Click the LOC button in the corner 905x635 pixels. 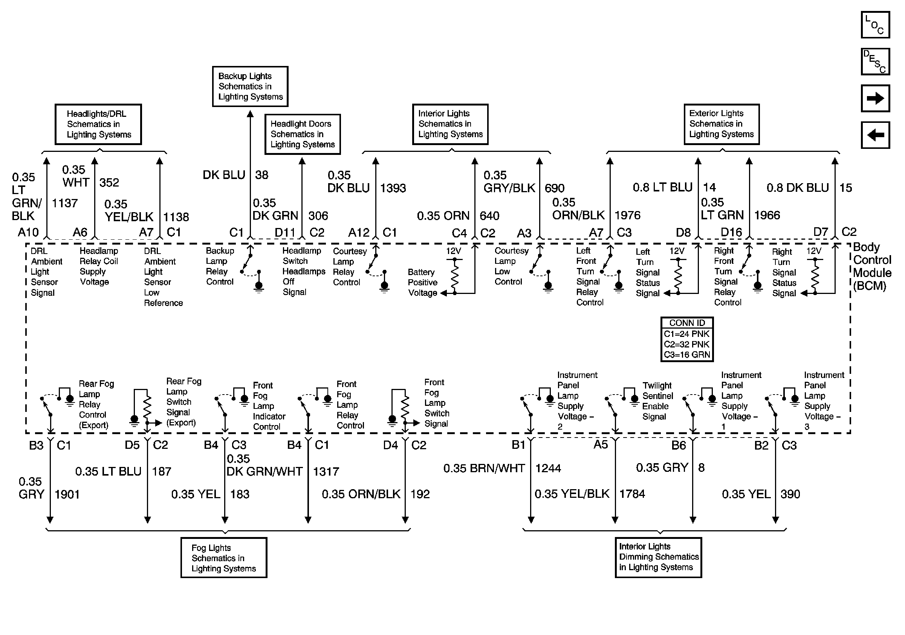875,24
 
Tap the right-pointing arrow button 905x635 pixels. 875,98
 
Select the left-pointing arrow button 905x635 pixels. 875,135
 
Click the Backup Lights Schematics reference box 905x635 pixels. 250,86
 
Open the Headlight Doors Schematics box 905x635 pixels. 302,135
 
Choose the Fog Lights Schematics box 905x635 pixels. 223,558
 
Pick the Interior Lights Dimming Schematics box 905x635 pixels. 658,557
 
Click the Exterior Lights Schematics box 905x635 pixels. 721,124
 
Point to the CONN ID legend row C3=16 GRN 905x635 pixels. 686,355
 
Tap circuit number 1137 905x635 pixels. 65,204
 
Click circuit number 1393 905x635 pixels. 393,188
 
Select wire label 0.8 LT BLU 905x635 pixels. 662,187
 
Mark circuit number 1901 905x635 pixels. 67,494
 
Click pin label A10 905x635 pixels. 28,232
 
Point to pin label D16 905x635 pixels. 731,232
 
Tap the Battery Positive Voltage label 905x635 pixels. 422,282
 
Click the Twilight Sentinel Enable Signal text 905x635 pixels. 657,401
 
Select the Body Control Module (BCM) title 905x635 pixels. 872,266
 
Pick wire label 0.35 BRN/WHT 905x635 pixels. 484,468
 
